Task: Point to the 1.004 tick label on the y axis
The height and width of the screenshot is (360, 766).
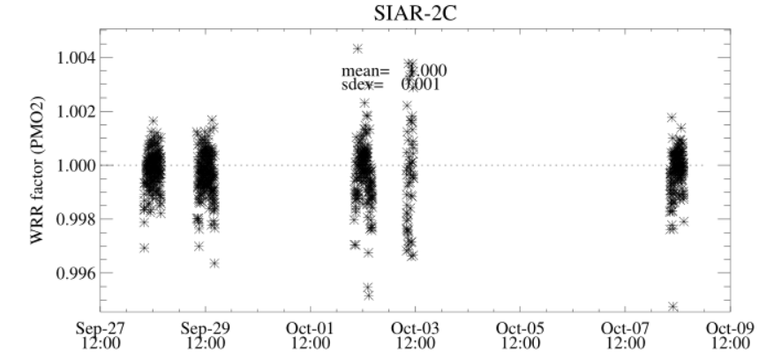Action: coord(73,58)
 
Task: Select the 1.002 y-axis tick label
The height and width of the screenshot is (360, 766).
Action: coord(73,112)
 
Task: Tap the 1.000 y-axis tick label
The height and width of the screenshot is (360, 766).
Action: coord(73,166)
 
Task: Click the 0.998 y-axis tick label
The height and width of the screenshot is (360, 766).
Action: coord(73,220)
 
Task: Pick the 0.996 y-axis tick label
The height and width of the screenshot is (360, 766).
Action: coord(73,274)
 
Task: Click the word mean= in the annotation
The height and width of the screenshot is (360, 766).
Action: coord(365,71)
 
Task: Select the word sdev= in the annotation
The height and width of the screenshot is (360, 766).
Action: coord(363,85)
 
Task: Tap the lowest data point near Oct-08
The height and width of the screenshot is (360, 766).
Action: coord(673,306)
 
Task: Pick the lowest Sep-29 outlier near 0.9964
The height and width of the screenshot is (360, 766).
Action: coord(214,263)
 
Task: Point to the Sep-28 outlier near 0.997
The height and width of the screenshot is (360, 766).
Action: coord(144,248)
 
